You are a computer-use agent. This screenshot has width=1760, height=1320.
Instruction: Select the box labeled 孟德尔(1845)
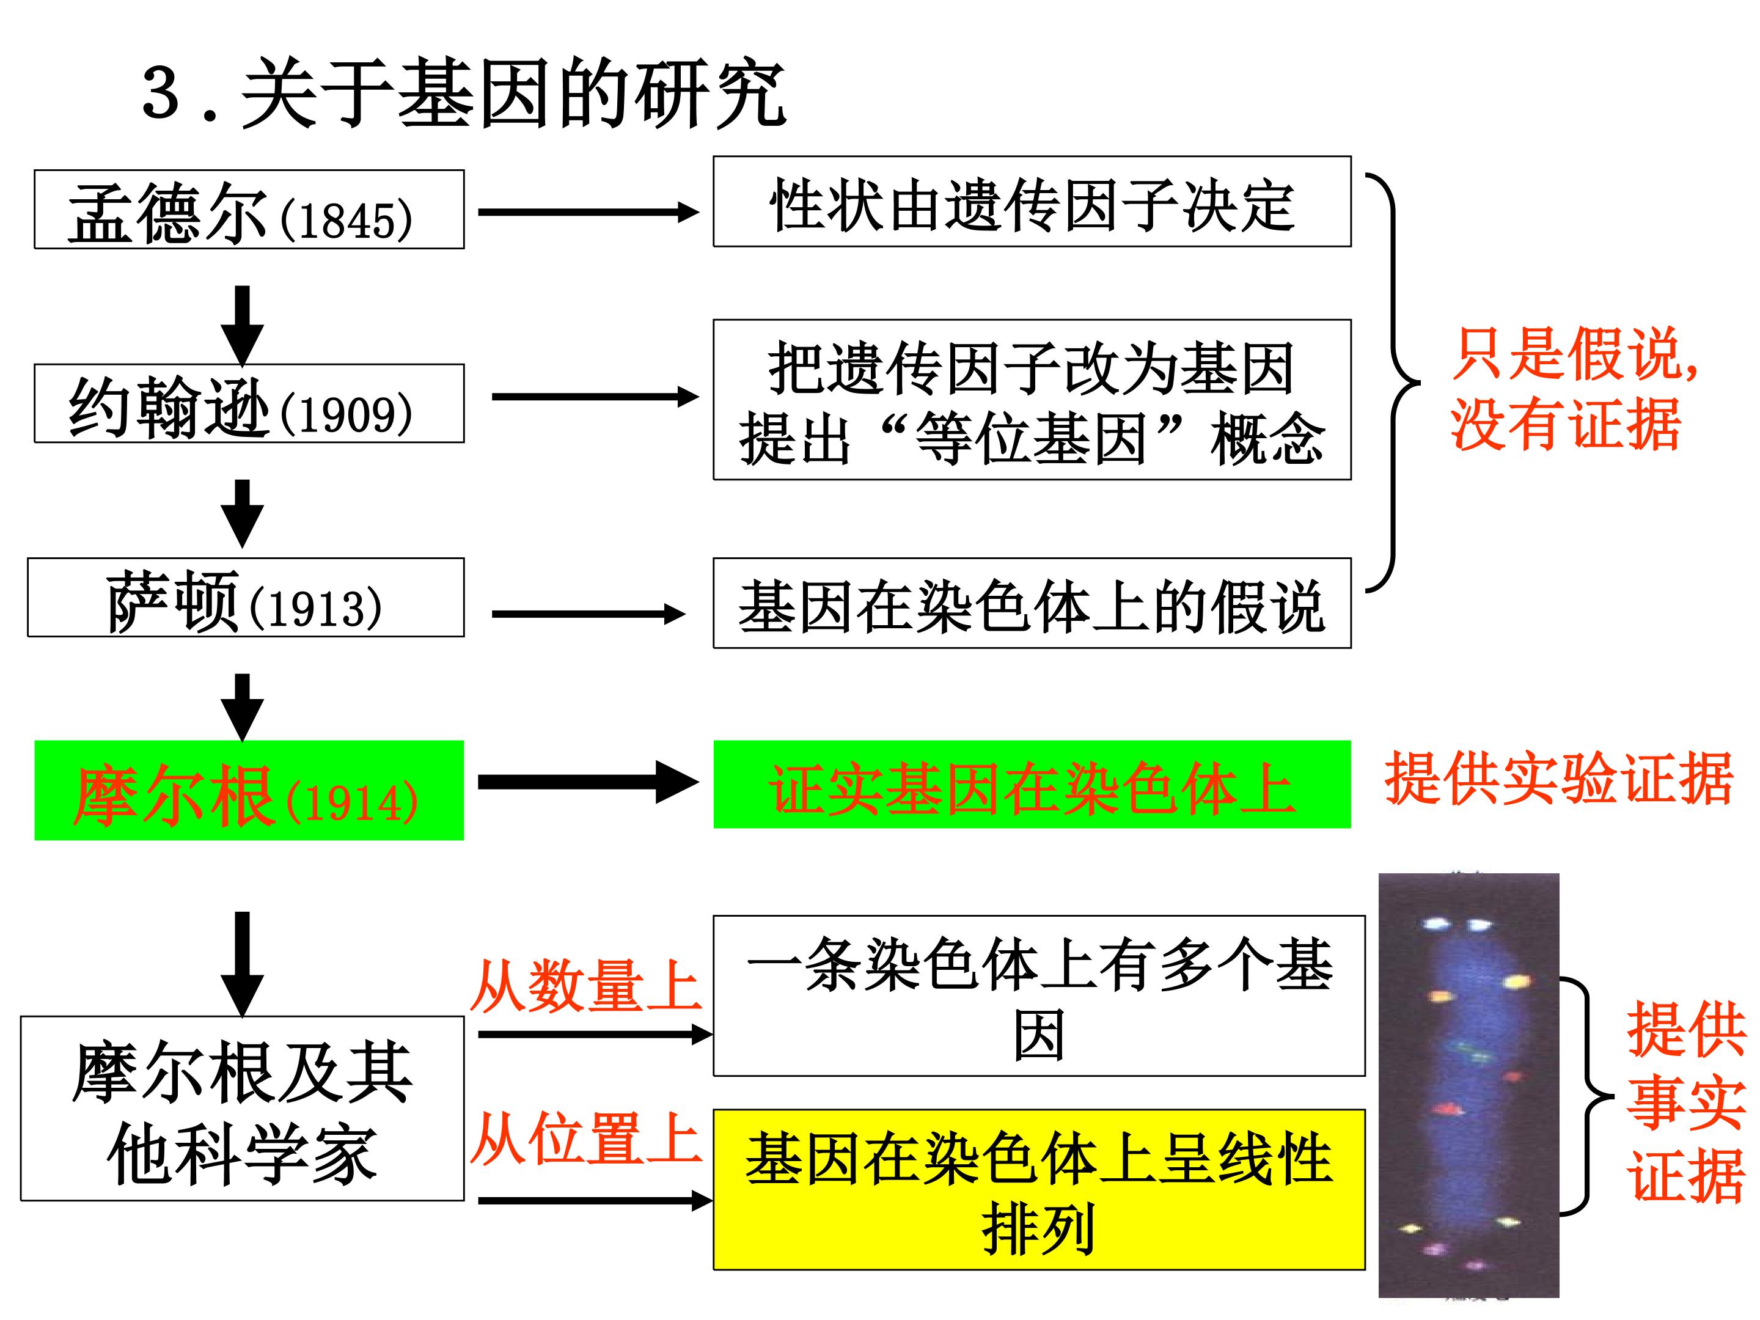[x=249, y=209]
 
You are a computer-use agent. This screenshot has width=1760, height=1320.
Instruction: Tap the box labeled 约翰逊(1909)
[x=249, y=403]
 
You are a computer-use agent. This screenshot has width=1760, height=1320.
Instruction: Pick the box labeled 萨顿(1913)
[x=246, y=598]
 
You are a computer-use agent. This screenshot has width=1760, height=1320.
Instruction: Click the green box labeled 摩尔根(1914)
[x=249, y=790]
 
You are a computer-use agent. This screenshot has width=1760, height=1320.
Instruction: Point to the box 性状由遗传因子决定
[x=1032, y=201]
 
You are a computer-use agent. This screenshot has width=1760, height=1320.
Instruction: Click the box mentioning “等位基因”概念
[x=1032, y=400]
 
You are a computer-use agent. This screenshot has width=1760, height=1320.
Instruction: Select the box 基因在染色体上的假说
[x=1032, y=603]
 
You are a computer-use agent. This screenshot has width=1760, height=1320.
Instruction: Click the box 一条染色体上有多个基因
[x=1039, y=996]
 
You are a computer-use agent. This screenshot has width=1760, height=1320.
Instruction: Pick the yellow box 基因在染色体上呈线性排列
[x=1039, y=1189]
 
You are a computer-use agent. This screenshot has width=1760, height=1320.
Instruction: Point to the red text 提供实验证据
[x=1560, y=778]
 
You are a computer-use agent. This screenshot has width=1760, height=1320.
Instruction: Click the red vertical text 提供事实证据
[x=1686, y=1102]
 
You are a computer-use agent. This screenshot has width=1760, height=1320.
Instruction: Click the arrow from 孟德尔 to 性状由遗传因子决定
[x=588, y=211]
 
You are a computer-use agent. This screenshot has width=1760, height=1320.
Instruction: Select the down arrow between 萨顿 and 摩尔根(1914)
[x=243, y=707]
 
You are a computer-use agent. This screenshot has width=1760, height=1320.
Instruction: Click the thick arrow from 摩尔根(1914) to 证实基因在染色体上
[x=588, y=782]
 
